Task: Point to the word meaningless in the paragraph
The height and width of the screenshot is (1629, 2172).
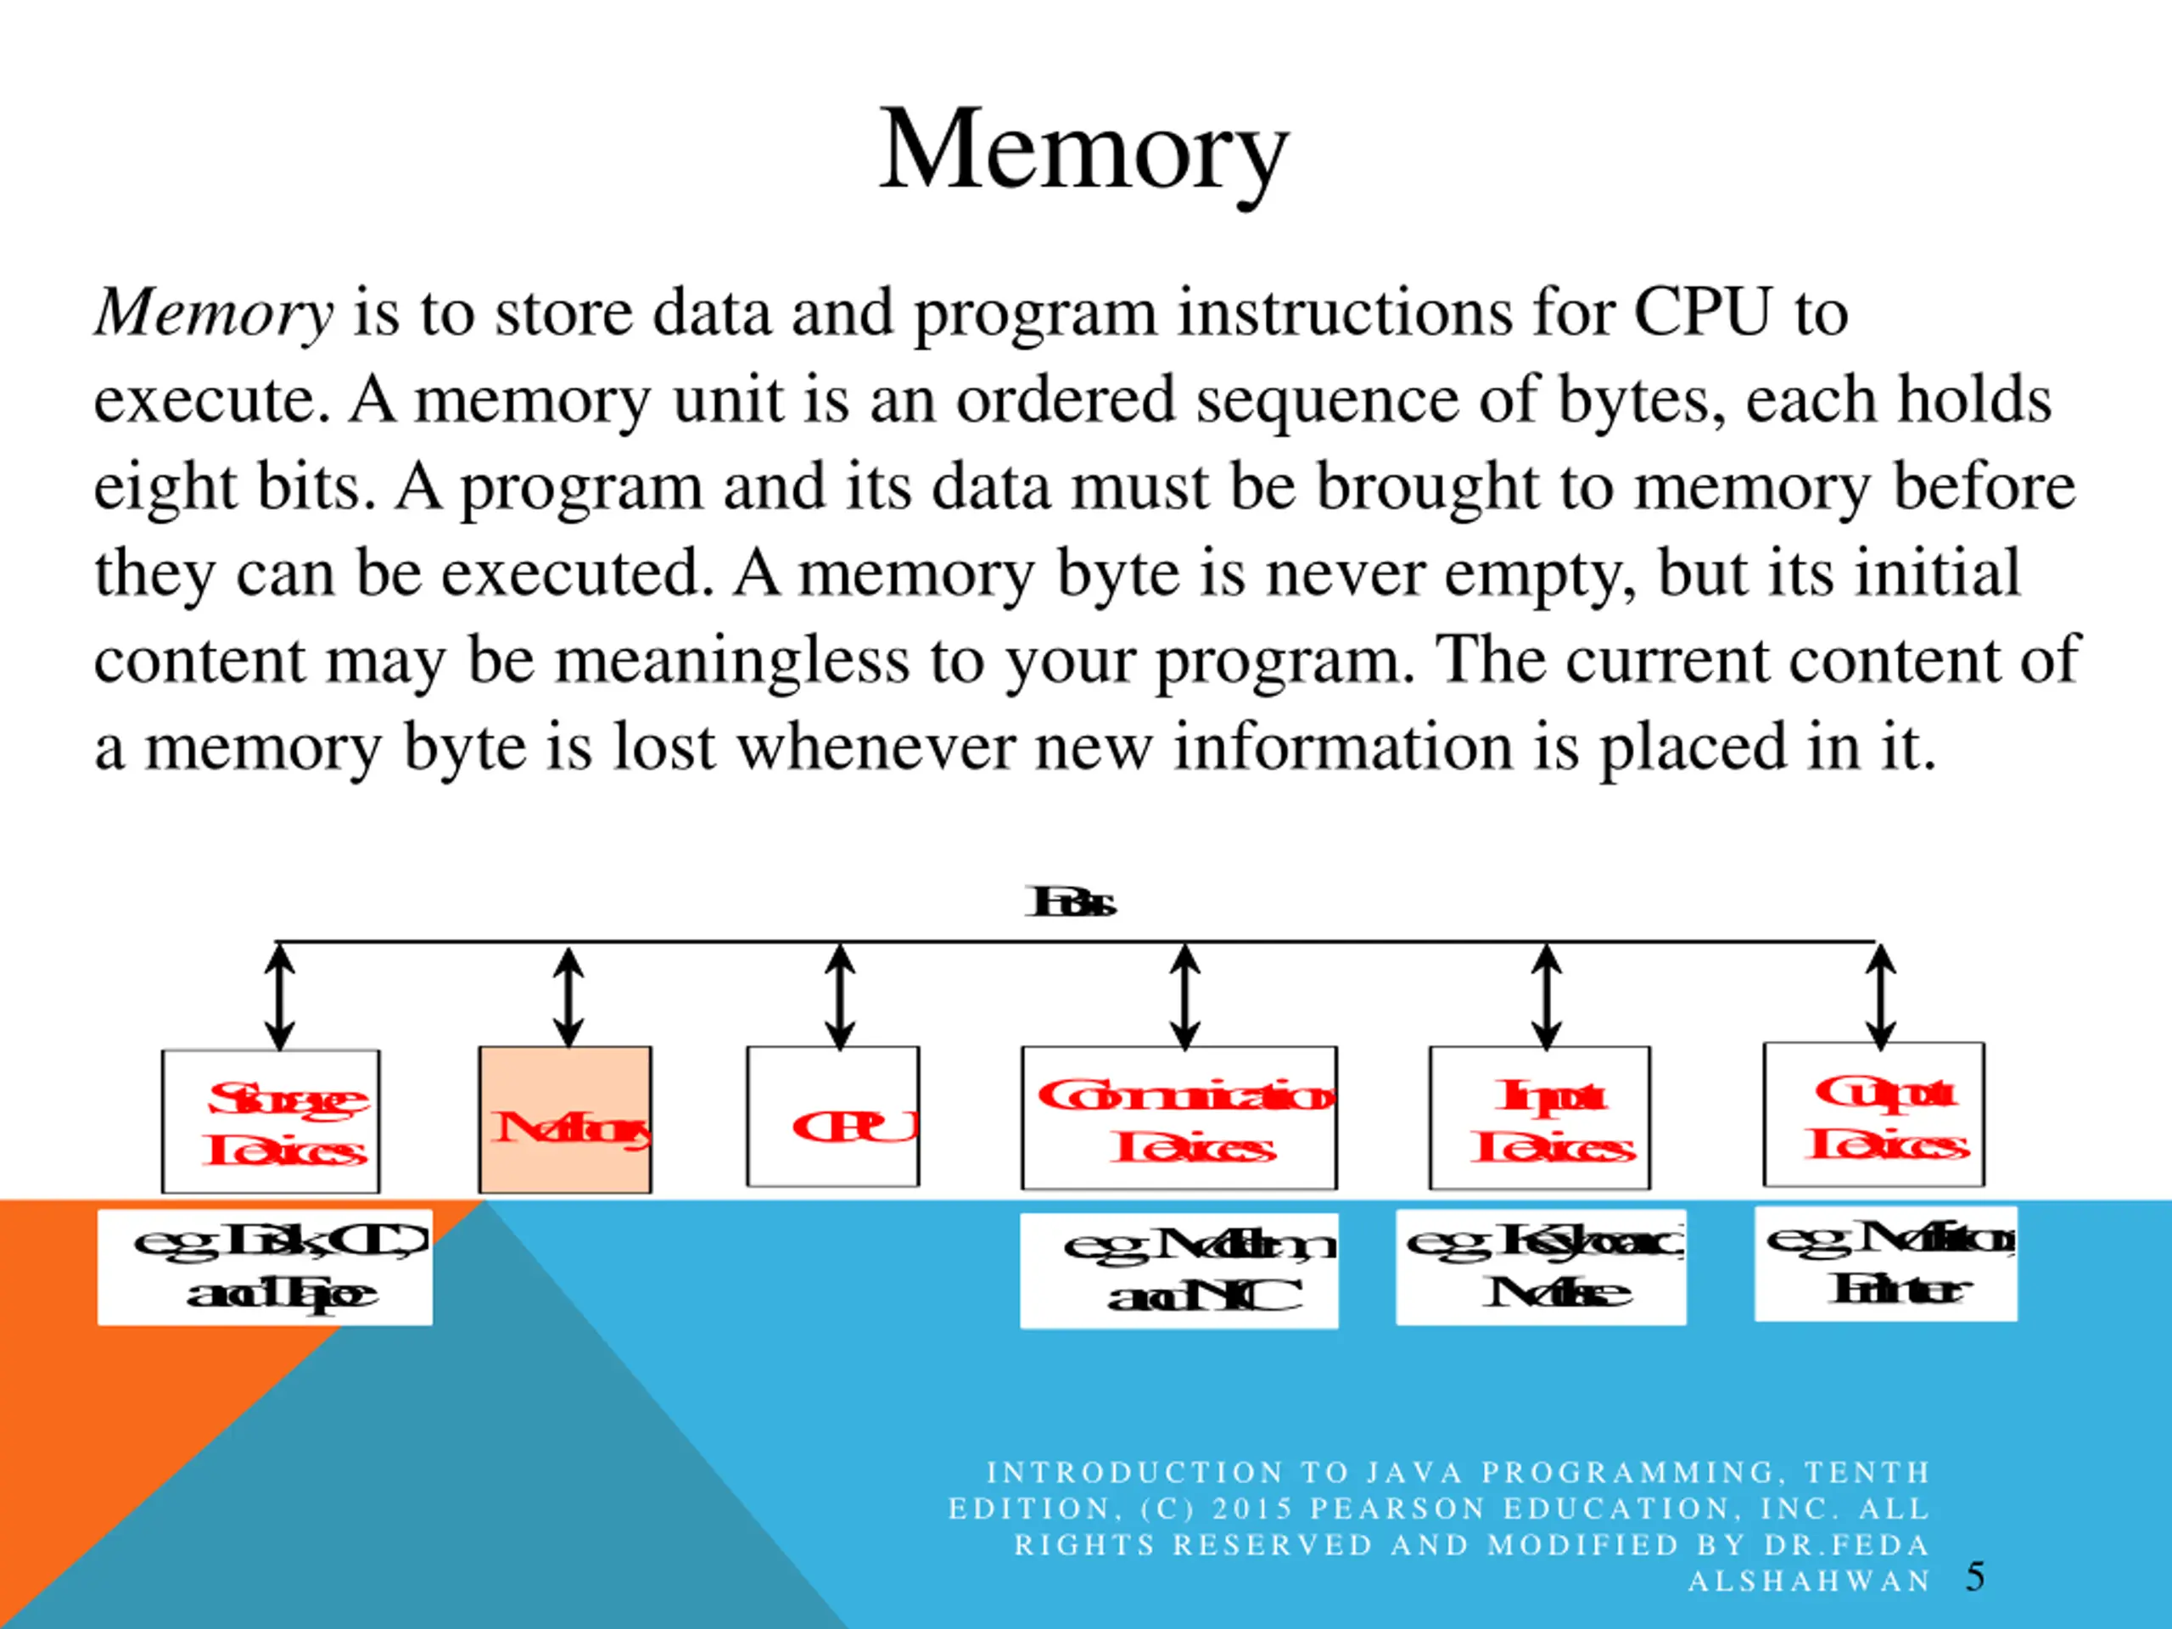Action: click(x=731, y=661)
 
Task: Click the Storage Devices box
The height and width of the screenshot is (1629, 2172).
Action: click(x=271, y=1121)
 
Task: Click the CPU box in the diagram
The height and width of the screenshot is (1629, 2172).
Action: click(x=832, y=1117)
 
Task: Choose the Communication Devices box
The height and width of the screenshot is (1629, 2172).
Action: click(x=1178, y=1117)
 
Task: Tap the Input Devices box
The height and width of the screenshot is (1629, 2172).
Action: click(x=1539, y=1117)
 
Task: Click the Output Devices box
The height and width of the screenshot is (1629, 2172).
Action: click(x=1873, y=1115)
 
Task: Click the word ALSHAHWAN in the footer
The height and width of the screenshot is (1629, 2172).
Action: click(x=1809, y=1581)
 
